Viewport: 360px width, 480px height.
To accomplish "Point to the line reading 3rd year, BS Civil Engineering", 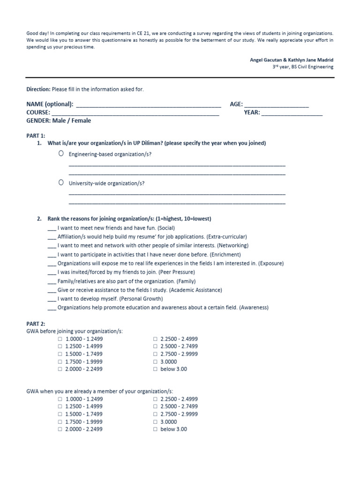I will [303, 67].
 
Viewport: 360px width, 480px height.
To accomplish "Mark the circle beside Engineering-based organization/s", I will [61, 154].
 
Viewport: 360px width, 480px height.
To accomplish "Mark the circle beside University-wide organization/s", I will [61, 183].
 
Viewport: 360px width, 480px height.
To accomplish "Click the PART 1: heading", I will [36, 135].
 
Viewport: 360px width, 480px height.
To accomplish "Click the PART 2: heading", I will [36, 324].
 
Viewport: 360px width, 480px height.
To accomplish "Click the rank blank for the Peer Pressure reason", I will [52, 273].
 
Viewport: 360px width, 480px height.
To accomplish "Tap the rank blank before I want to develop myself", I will [52, 300].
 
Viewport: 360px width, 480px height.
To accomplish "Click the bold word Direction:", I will [38, 89].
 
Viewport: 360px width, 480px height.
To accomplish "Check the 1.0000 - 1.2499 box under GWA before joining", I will [60, 339].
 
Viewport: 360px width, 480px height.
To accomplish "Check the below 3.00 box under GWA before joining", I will [155, 369].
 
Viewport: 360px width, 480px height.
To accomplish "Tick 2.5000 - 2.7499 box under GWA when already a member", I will [155, 407].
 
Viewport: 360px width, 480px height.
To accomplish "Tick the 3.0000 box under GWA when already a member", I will [155, 422].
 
